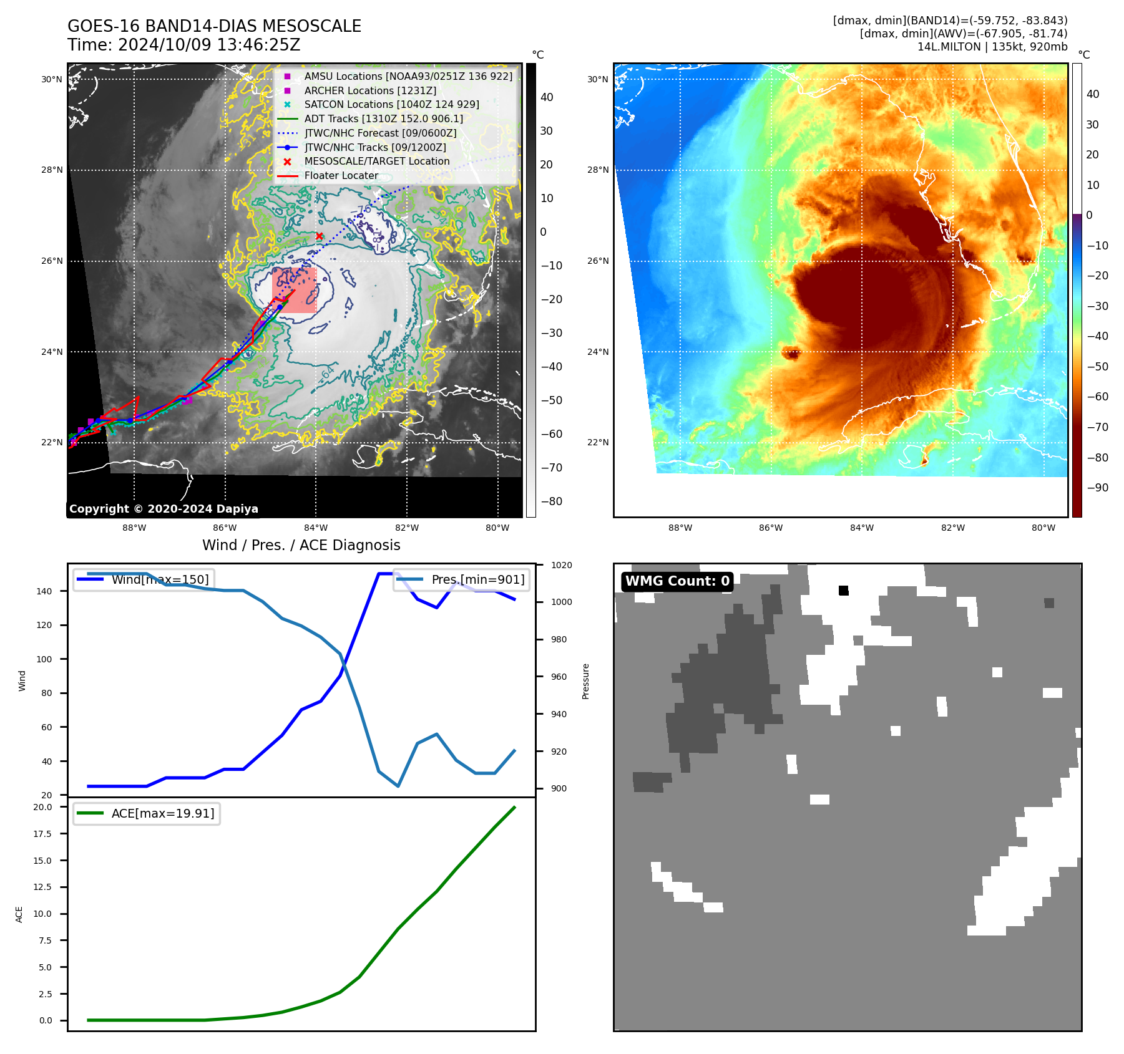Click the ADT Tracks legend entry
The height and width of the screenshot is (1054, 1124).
383,118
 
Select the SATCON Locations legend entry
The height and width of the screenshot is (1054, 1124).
391,104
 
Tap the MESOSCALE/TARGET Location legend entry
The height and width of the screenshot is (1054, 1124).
376,161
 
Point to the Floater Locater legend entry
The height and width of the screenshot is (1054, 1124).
341,175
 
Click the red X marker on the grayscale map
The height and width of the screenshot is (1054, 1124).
320,236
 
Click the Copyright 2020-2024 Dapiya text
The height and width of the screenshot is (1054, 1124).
164,509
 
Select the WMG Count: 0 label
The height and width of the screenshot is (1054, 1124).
677,581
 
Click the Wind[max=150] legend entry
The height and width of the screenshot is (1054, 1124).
160,579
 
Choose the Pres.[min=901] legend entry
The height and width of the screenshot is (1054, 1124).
477,579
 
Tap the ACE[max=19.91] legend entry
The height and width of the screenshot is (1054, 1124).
162,813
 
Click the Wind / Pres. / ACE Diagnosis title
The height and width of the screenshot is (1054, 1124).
301,545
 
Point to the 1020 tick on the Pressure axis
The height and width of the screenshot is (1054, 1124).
561,565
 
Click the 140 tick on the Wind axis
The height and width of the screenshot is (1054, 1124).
44,591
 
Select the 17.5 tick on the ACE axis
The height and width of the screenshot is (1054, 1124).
42,834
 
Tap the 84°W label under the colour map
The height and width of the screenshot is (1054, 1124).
861,528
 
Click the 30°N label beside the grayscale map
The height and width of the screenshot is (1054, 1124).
52,79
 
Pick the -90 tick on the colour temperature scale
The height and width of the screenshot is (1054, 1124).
1097,488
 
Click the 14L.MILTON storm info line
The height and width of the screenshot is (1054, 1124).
992,47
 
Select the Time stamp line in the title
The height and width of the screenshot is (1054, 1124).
184,45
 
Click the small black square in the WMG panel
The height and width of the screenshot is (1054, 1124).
843,591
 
